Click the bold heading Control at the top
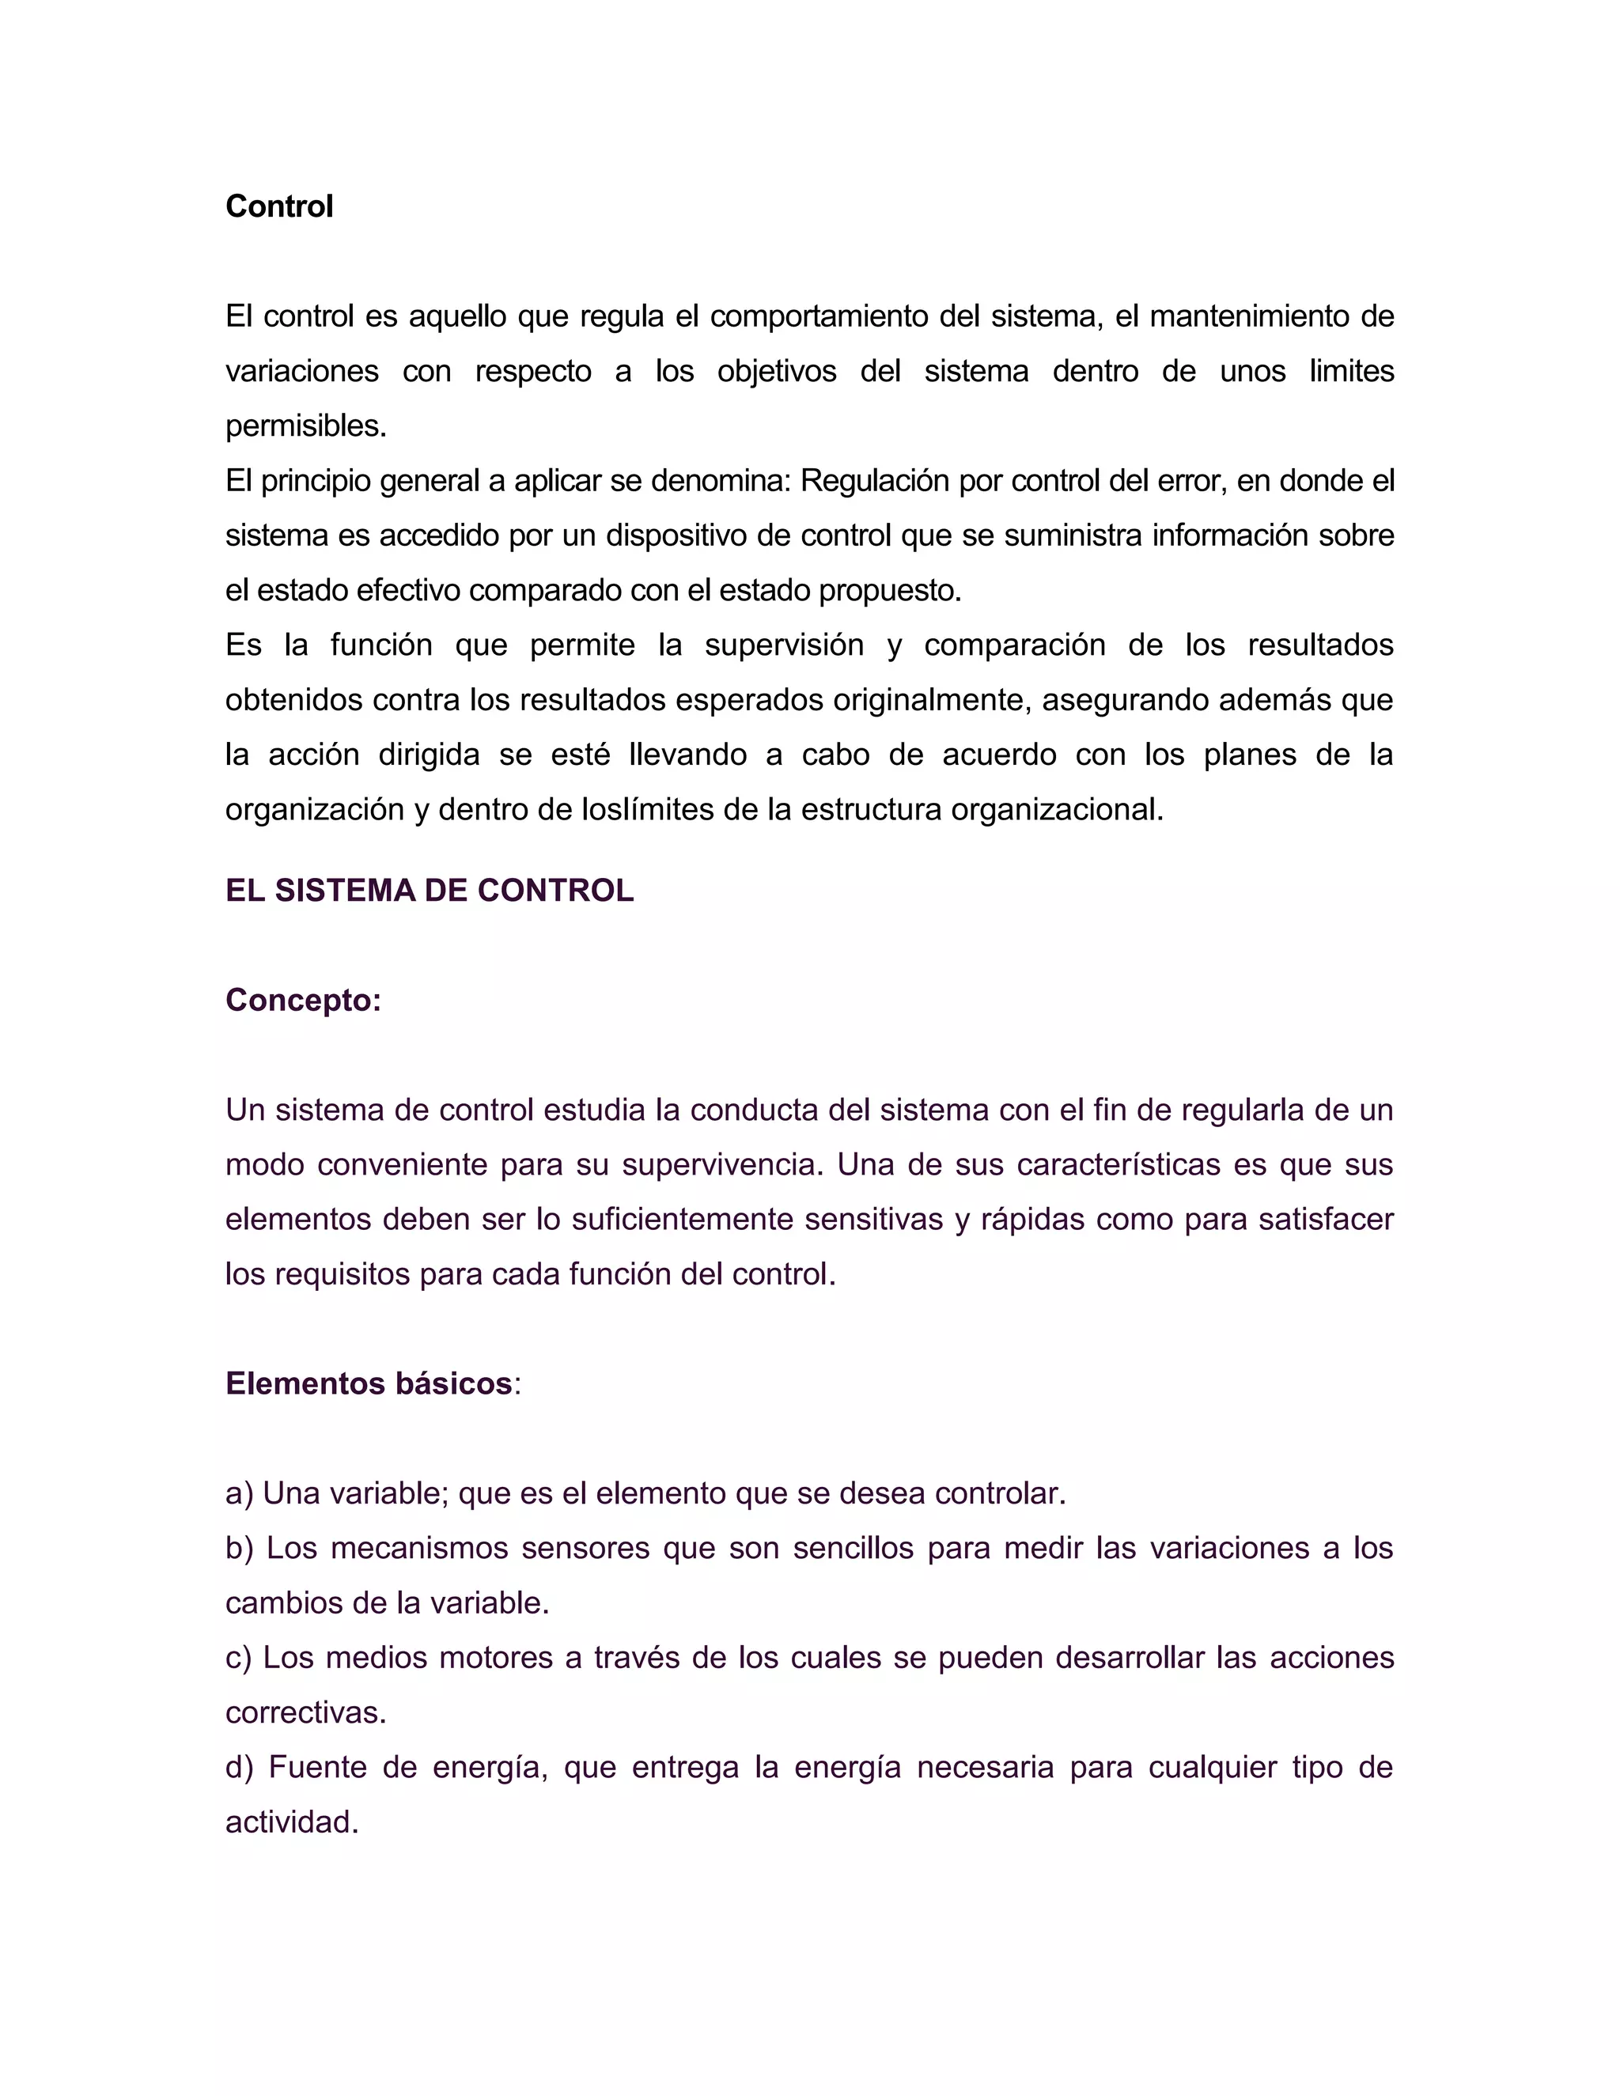pos(278,206)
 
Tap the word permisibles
pos(305,426)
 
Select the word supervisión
pos(784,645)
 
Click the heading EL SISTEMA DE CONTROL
pos(429,891)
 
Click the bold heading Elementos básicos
pos(369,1384)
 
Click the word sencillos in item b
pos(854,1548)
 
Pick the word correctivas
pos(305,1713)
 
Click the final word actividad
pos(291,1822)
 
